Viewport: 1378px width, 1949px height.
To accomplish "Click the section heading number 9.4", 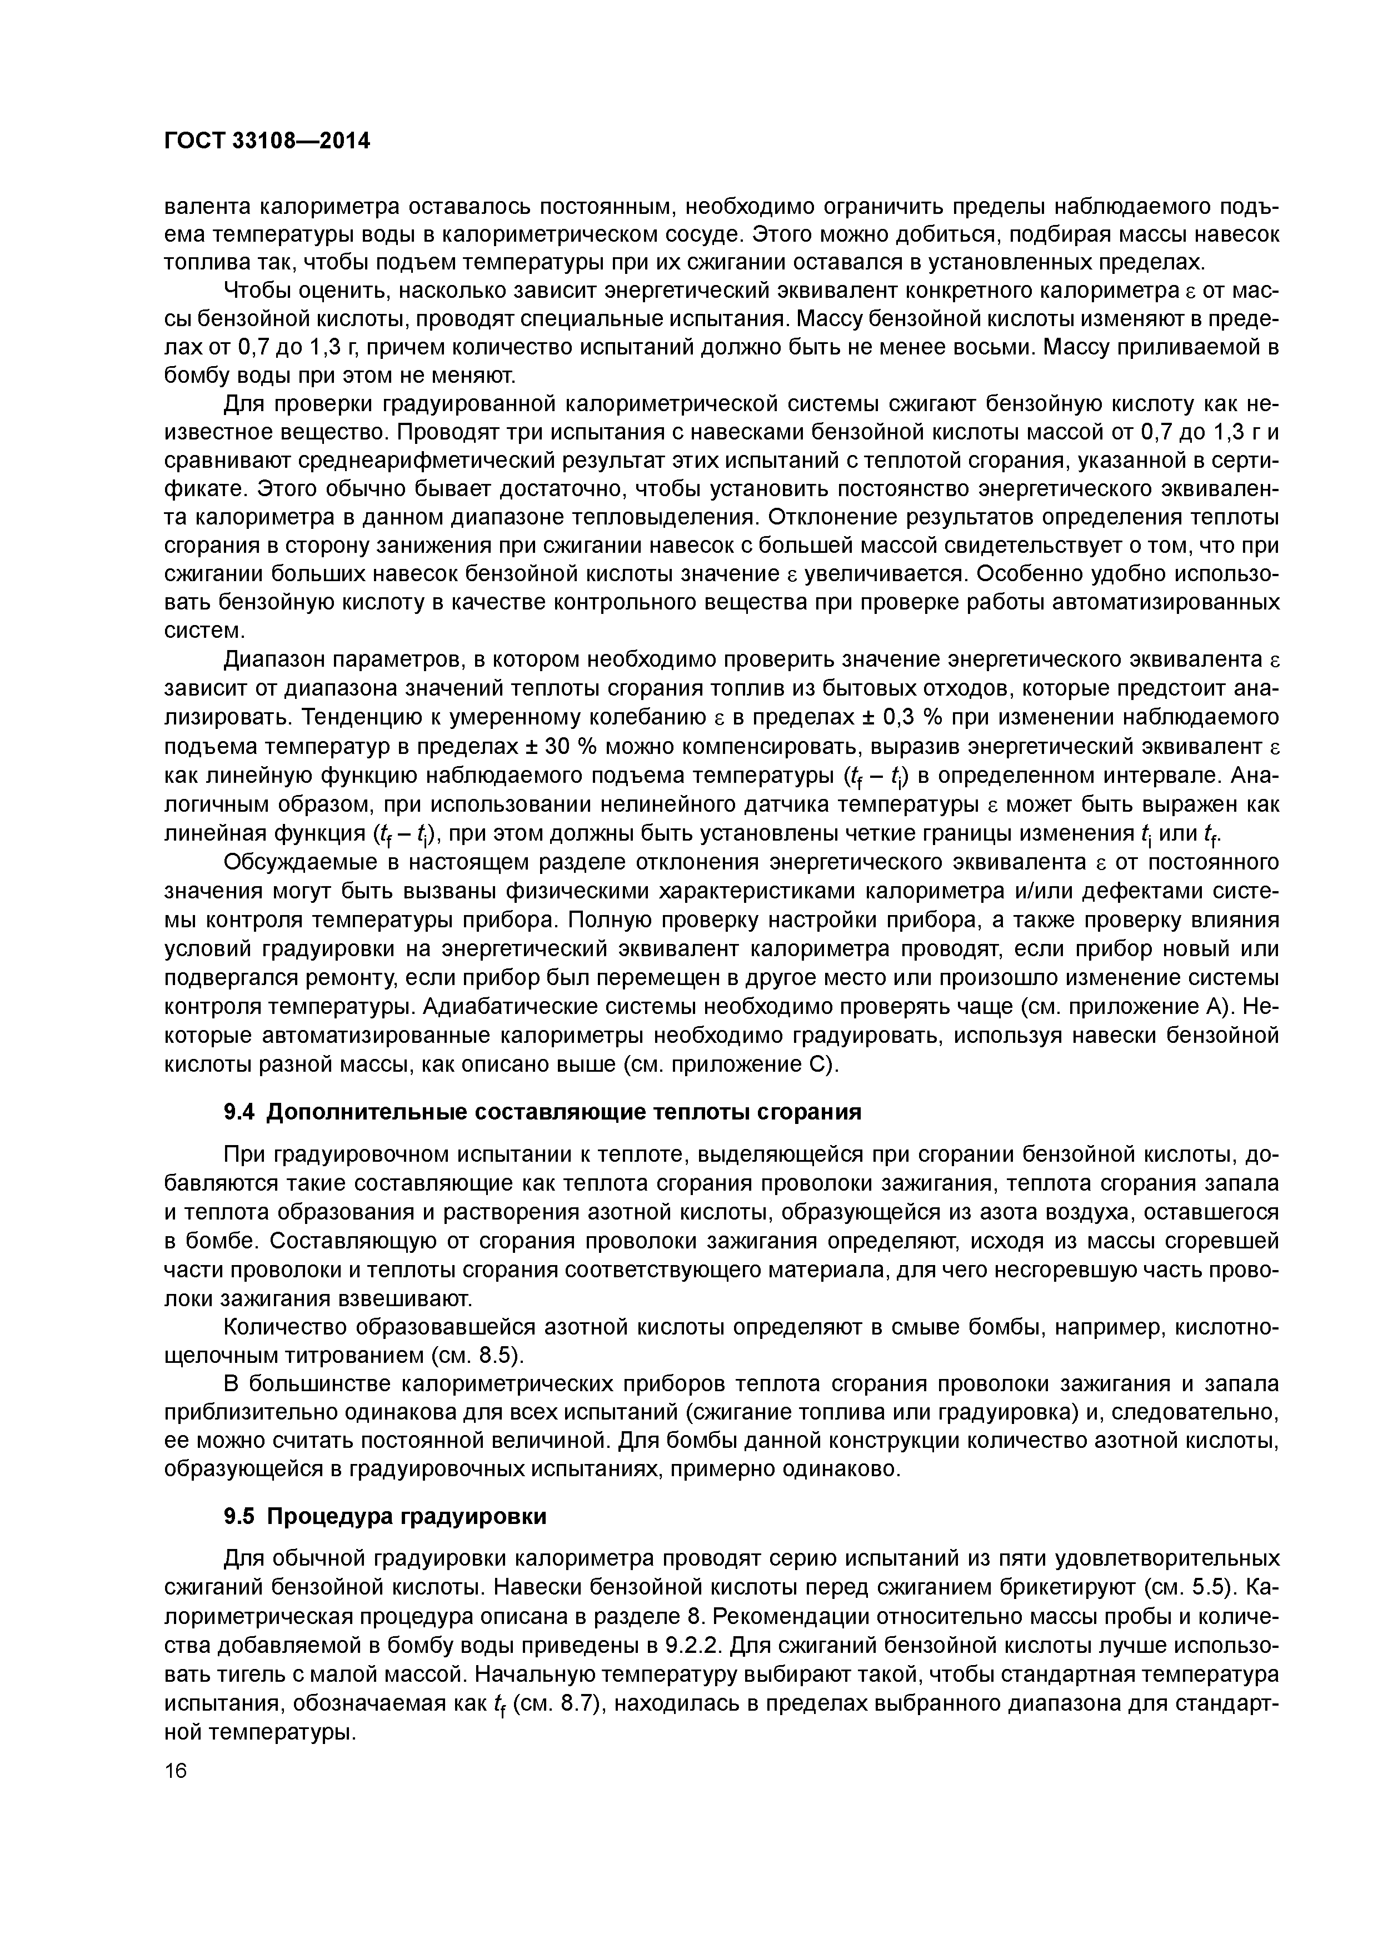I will coord(241,1112).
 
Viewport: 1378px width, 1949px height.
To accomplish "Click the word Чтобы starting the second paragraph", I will coord(258,291).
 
